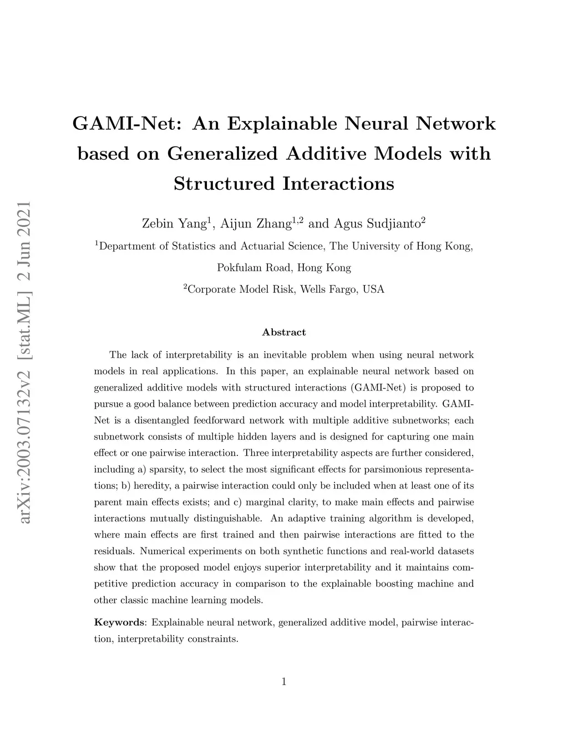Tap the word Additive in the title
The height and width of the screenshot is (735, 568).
[326, 153]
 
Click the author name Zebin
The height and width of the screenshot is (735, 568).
[157, 224]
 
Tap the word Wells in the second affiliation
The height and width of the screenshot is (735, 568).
[313, 290]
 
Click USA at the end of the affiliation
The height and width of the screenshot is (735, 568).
[373, 290]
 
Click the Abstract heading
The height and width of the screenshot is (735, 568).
[283, 332]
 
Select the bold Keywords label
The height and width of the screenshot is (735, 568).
[119, 622]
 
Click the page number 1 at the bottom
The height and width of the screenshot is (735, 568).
[284, 682]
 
